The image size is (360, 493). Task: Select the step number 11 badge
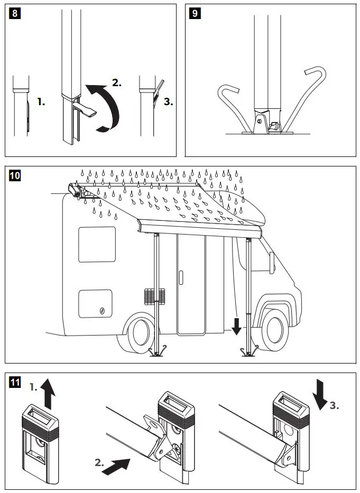point(15,382)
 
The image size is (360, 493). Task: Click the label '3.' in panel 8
point(169,102)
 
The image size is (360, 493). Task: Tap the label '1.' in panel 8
point(41,102)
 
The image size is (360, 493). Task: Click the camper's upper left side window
point(97,245)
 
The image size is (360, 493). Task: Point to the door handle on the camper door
point(181,278)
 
